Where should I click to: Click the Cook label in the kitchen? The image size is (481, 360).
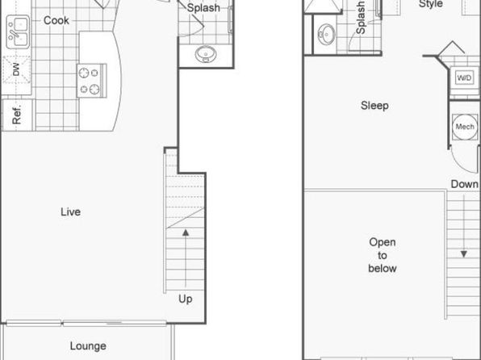[56, 20]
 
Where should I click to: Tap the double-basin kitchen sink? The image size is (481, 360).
[18, 32]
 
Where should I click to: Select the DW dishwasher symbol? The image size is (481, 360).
[17, 69]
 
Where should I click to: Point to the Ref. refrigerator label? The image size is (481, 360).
[17, 115]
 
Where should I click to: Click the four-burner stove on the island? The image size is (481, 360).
[91, 81]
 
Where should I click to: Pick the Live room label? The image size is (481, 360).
[70, 211]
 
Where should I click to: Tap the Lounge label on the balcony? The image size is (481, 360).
[88, 346]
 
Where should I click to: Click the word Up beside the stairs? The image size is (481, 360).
[186, 299]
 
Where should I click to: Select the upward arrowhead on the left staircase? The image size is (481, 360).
[186, 232]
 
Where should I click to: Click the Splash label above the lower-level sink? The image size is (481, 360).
[203, 8]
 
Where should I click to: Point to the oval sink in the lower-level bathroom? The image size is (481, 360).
[206, 54]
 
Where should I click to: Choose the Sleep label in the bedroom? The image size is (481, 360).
[374, 106]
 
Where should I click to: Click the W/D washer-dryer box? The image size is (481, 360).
[464, 77]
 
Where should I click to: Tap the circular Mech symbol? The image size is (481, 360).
[465, 127]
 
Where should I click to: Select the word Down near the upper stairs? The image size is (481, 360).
[464, 184]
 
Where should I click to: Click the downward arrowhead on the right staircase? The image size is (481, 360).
[464, 254]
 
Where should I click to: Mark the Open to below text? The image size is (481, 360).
[383, 255]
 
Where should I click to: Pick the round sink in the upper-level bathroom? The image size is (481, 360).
[326, 34]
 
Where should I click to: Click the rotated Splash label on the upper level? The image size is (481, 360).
[361, 18]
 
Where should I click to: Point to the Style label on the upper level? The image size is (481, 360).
[431, 4]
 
